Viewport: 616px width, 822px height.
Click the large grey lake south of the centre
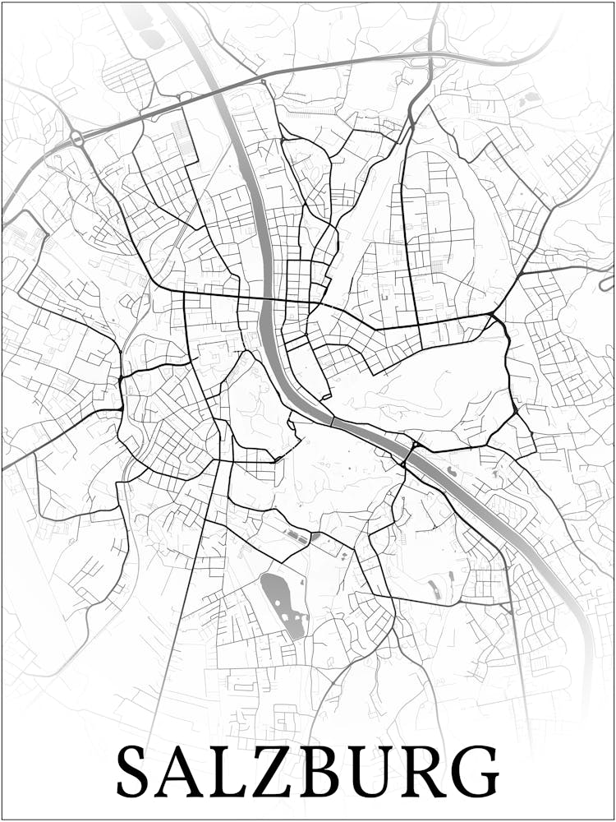point(282,604)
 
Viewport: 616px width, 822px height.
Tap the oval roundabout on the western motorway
point(77,139)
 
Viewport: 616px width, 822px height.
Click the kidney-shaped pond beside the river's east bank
point(433,589)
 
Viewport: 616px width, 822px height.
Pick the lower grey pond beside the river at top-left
point(151,37)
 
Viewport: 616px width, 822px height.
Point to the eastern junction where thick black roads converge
point(493,316)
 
